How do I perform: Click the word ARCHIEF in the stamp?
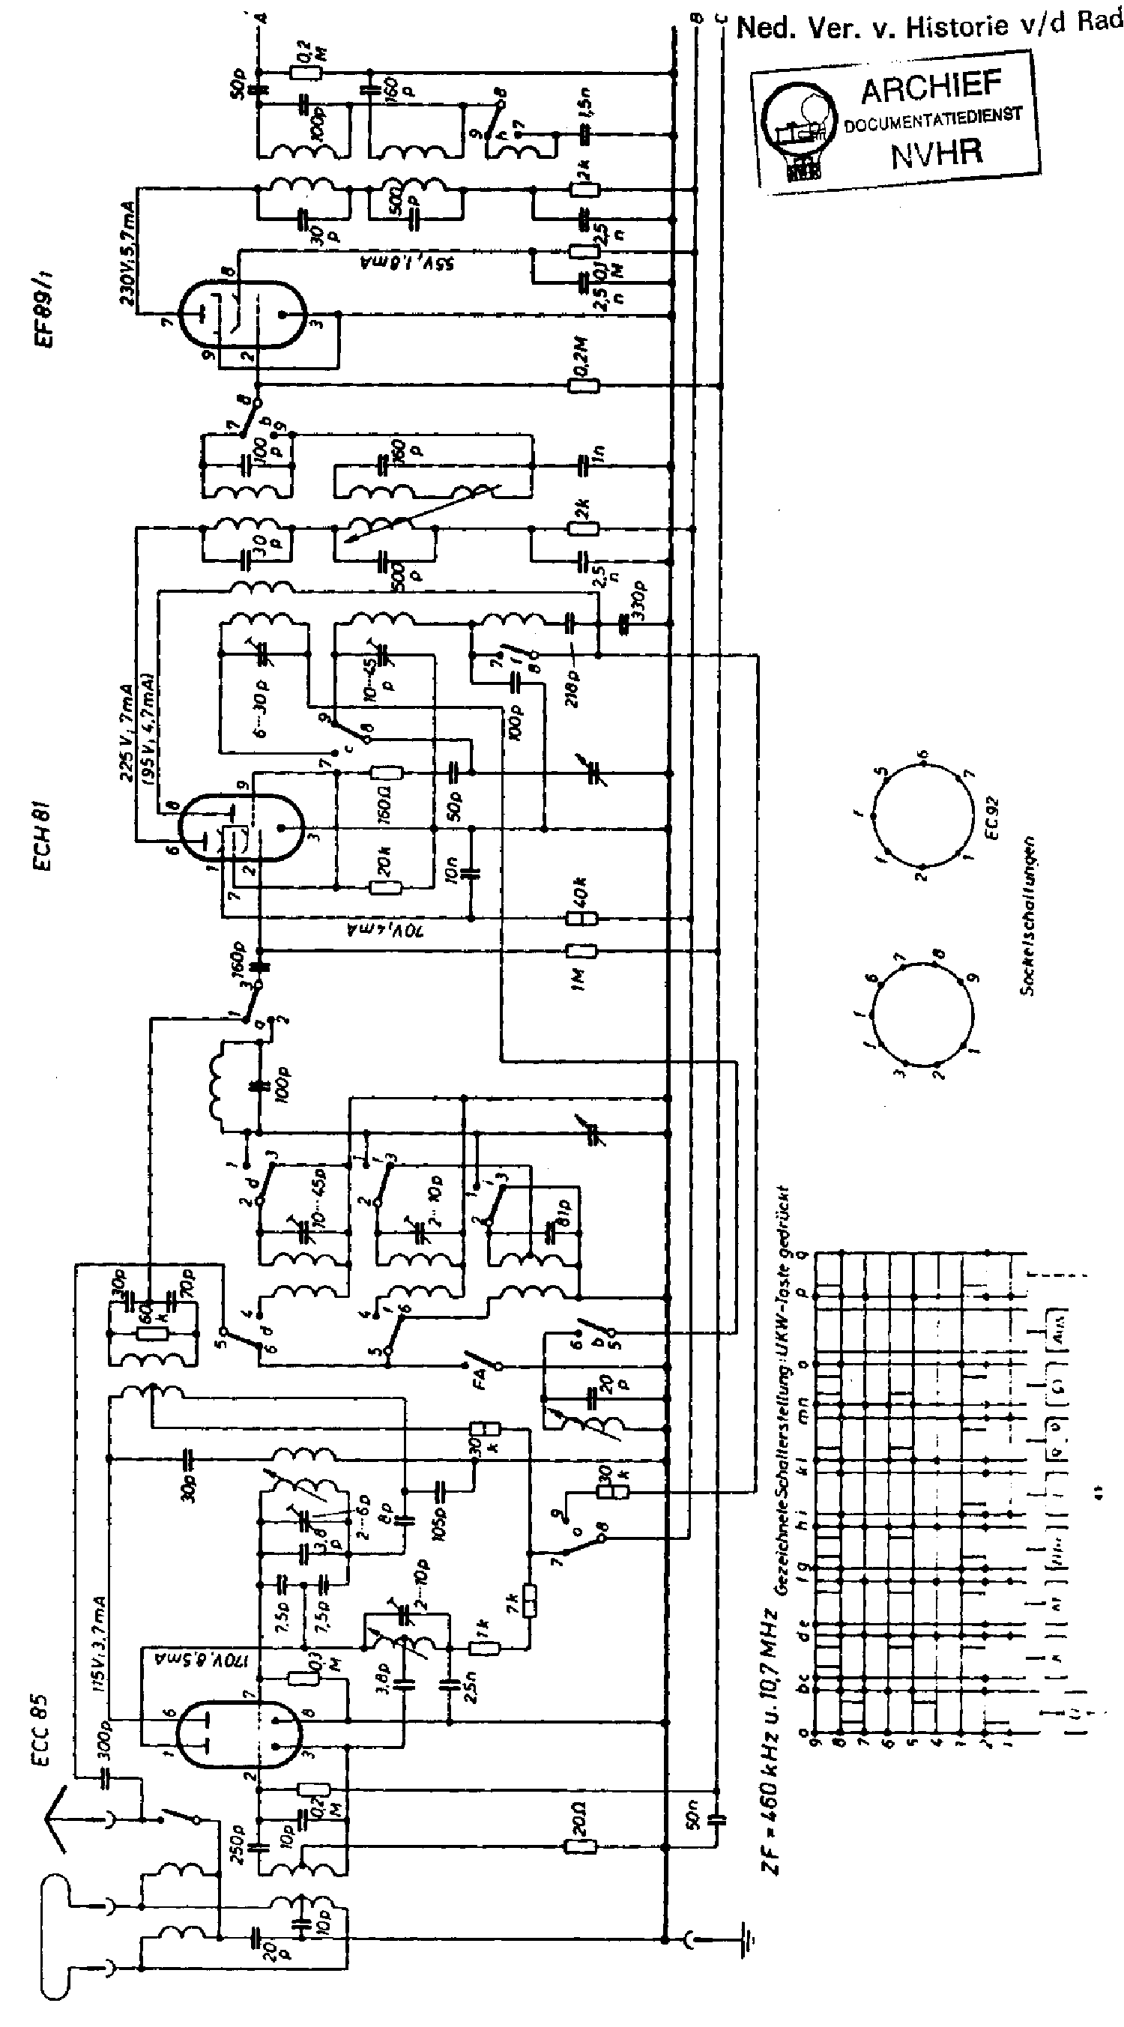(x=931, y=87)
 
